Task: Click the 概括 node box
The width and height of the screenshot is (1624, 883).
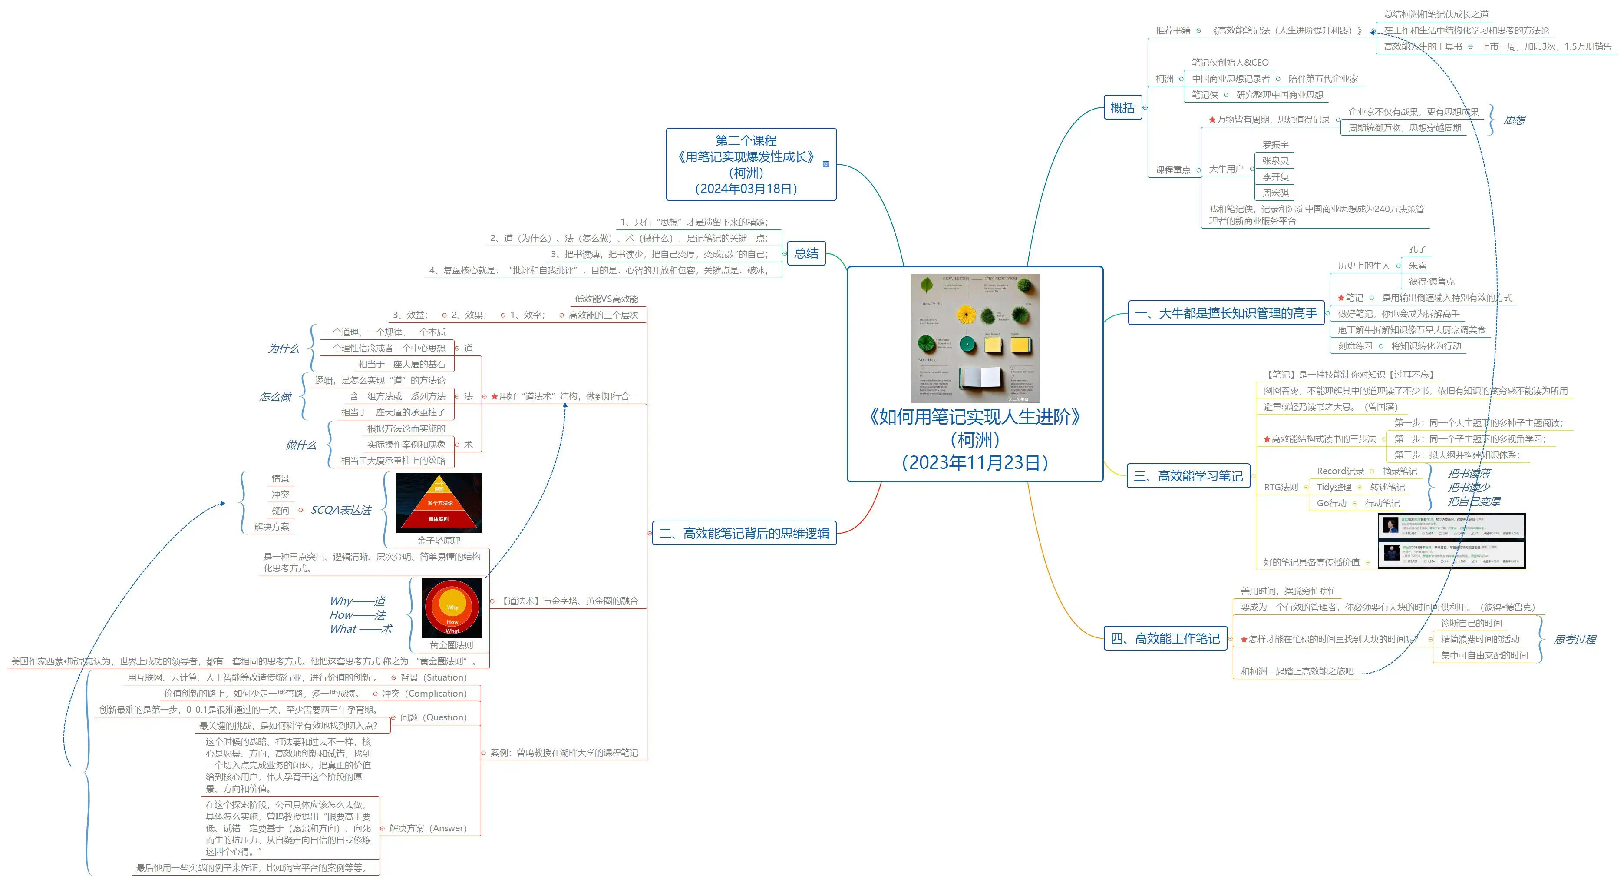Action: pos(1122,108)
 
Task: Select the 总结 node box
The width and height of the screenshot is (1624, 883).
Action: pos(805,253)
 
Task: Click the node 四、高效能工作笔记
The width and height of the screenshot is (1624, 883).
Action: pos(1165,639)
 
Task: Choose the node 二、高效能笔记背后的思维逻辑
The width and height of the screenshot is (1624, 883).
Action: pos(744,534)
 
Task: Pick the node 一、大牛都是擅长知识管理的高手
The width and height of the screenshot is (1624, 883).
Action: pos(1225,313)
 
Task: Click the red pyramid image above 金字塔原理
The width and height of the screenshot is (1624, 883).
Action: pos(439,503)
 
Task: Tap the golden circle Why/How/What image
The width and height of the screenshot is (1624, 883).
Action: pos(452,608)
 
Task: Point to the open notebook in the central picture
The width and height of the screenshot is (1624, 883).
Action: pos(981,378)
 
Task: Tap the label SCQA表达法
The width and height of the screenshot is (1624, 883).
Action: pos(340,510)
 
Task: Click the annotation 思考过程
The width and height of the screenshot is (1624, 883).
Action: pos(1574,640)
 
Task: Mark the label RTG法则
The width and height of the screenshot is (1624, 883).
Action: pos(1281,488)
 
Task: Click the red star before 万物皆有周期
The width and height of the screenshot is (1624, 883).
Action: pos(1211,120)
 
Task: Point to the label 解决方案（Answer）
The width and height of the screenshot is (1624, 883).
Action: pos(427,828)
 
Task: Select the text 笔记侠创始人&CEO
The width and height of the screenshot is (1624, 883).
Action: pos(1229,63)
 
